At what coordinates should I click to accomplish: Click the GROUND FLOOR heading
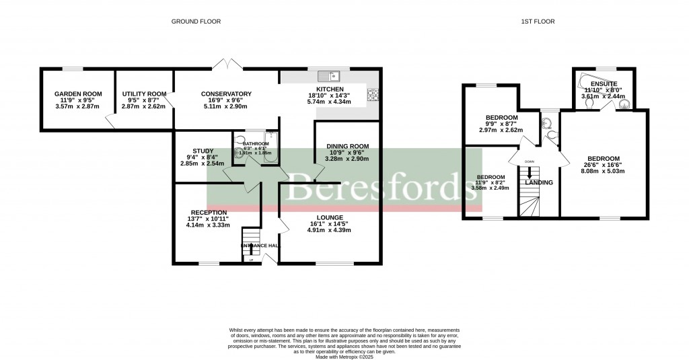[x=195, y=22]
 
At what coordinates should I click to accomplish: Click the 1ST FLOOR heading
[x=539, y=22]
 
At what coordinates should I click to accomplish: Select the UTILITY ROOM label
[x=144, y=94]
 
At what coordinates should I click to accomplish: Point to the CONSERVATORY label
[x=226, y=94]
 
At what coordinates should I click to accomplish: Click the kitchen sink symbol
[x=330, y=76]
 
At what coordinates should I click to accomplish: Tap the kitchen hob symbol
[x=373, y=96]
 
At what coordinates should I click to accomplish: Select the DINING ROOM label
[x=348, y=146]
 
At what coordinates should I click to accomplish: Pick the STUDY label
[x=203, y=151]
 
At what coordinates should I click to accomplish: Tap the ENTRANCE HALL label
[x=260, y=246]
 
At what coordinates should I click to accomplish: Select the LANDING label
[x=539, y=182]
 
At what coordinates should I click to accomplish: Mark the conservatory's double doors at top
[x=227, y=65]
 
